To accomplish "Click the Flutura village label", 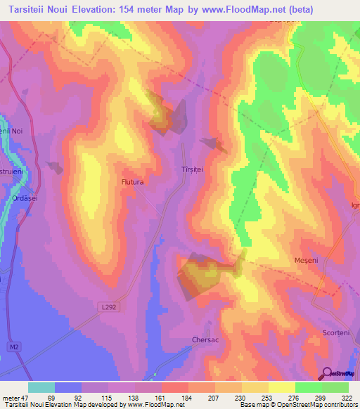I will tap(132, 182).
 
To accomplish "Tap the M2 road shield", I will tap(15, 347).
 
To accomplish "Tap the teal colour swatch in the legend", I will tap(41, 387).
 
